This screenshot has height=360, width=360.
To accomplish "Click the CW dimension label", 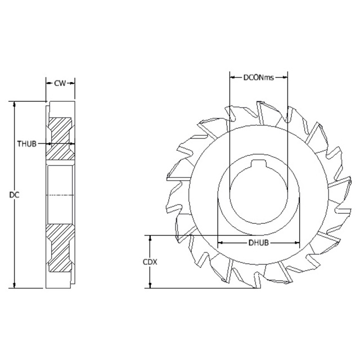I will (60, 83).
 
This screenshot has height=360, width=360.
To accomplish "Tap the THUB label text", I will (26, 143).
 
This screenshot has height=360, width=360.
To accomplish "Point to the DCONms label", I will (258, 77).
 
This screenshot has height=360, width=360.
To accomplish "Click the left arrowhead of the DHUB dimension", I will (220, 243).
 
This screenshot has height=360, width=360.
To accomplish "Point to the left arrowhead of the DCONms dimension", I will (232, 77).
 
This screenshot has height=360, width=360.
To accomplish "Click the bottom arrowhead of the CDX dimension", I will (150, 286).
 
